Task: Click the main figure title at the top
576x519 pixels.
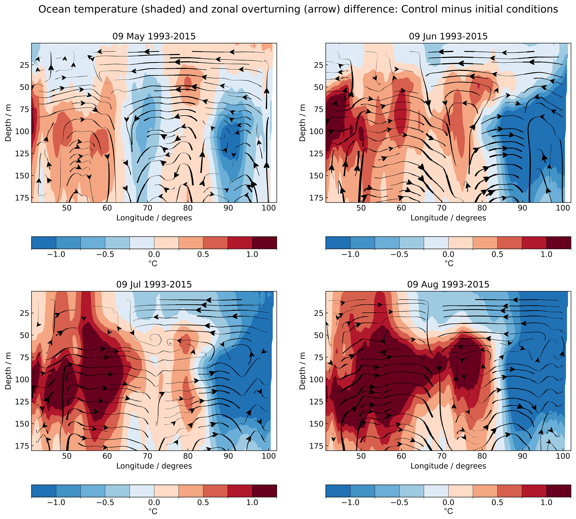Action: coord(298,9)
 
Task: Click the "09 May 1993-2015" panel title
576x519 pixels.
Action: coord(154,36)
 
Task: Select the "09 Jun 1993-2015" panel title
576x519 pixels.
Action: coord(448,36)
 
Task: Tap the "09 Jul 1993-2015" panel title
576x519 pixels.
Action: coord(154,285)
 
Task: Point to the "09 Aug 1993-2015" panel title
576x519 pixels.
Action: coord(448,285)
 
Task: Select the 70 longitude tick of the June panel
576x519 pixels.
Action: coord(442,208)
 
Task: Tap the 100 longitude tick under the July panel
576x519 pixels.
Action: coord(269,456)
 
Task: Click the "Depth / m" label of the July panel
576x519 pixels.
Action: coord(8,371)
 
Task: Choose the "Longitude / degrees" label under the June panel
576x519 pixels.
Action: coord(448,218)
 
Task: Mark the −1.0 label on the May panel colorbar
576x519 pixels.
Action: coord(56,254)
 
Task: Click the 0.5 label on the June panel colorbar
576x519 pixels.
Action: coord(497,254)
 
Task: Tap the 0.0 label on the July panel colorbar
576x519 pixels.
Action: coord(154,503)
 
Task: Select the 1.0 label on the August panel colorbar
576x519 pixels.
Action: coord(546,503)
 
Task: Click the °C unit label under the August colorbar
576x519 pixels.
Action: coord(449,511)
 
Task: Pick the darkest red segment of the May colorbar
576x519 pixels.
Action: coord(264,243)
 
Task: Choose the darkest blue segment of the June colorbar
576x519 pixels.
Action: coord(338,243)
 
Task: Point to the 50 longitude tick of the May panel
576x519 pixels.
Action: coord(67,208)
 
